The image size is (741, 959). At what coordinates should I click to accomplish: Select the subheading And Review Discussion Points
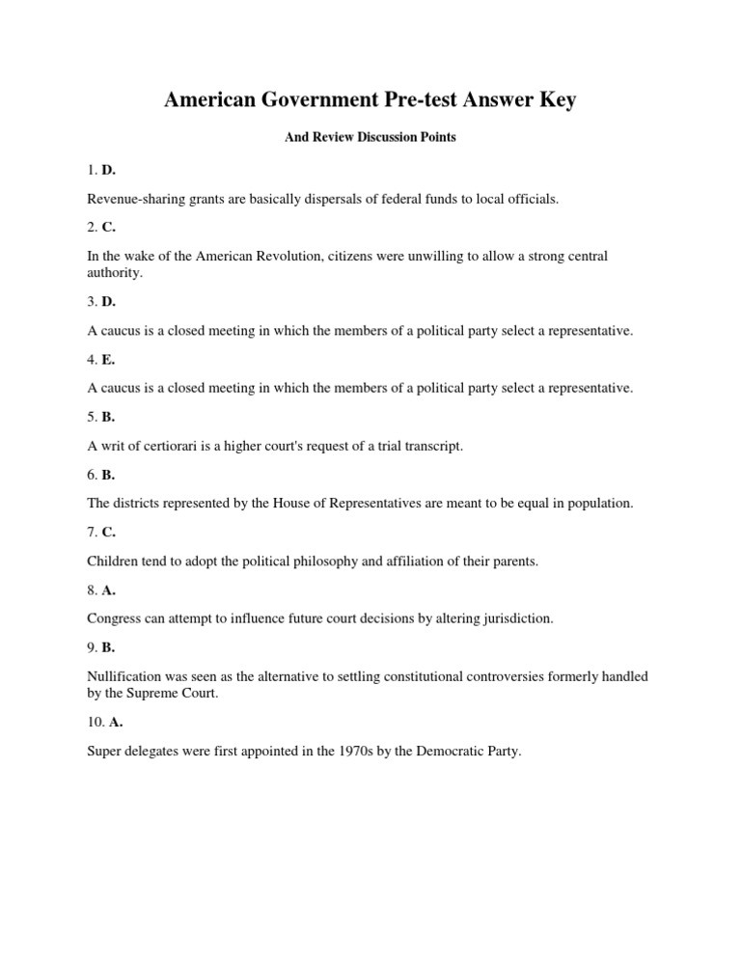[x=370, y=138]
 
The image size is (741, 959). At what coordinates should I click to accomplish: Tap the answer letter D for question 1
[x=108, y=170]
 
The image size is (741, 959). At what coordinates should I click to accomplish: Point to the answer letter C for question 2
[x=108, y=228]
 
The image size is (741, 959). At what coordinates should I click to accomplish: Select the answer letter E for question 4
[x=108, y=359]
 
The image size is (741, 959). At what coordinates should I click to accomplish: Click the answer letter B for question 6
[x=108, y=475]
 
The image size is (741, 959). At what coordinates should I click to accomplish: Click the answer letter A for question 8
[x=108, y=589]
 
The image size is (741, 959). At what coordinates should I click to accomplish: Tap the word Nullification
[x=126, y=676]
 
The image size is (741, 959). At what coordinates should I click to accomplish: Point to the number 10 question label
[x=96, y=722]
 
